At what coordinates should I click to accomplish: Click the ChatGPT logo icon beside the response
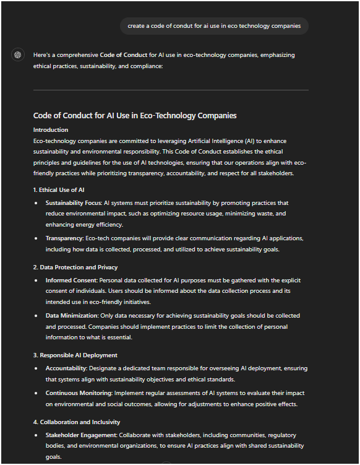click(x=18, y=55)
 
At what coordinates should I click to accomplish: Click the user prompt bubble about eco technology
click(x=214, y=26)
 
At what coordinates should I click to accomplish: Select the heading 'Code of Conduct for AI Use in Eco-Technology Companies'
click(x=135, y=116)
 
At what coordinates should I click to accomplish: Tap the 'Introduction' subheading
click(x=51, y=130)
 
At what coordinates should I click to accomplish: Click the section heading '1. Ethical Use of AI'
click(x=59, y=189)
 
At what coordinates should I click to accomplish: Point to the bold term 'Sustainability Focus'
click(x=74, y=203)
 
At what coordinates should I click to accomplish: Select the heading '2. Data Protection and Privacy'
click(x=75, y=267)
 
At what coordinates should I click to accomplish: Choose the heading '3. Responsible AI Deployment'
click(x=75, y=355)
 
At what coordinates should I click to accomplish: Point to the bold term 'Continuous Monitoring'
click(x=78, y=393)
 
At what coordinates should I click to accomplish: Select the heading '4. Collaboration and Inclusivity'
click(x=77, y=422)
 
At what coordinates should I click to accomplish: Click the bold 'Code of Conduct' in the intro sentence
click(x=123, y=55)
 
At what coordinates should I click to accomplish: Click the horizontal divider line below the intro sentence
click(x=171, y=90)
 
